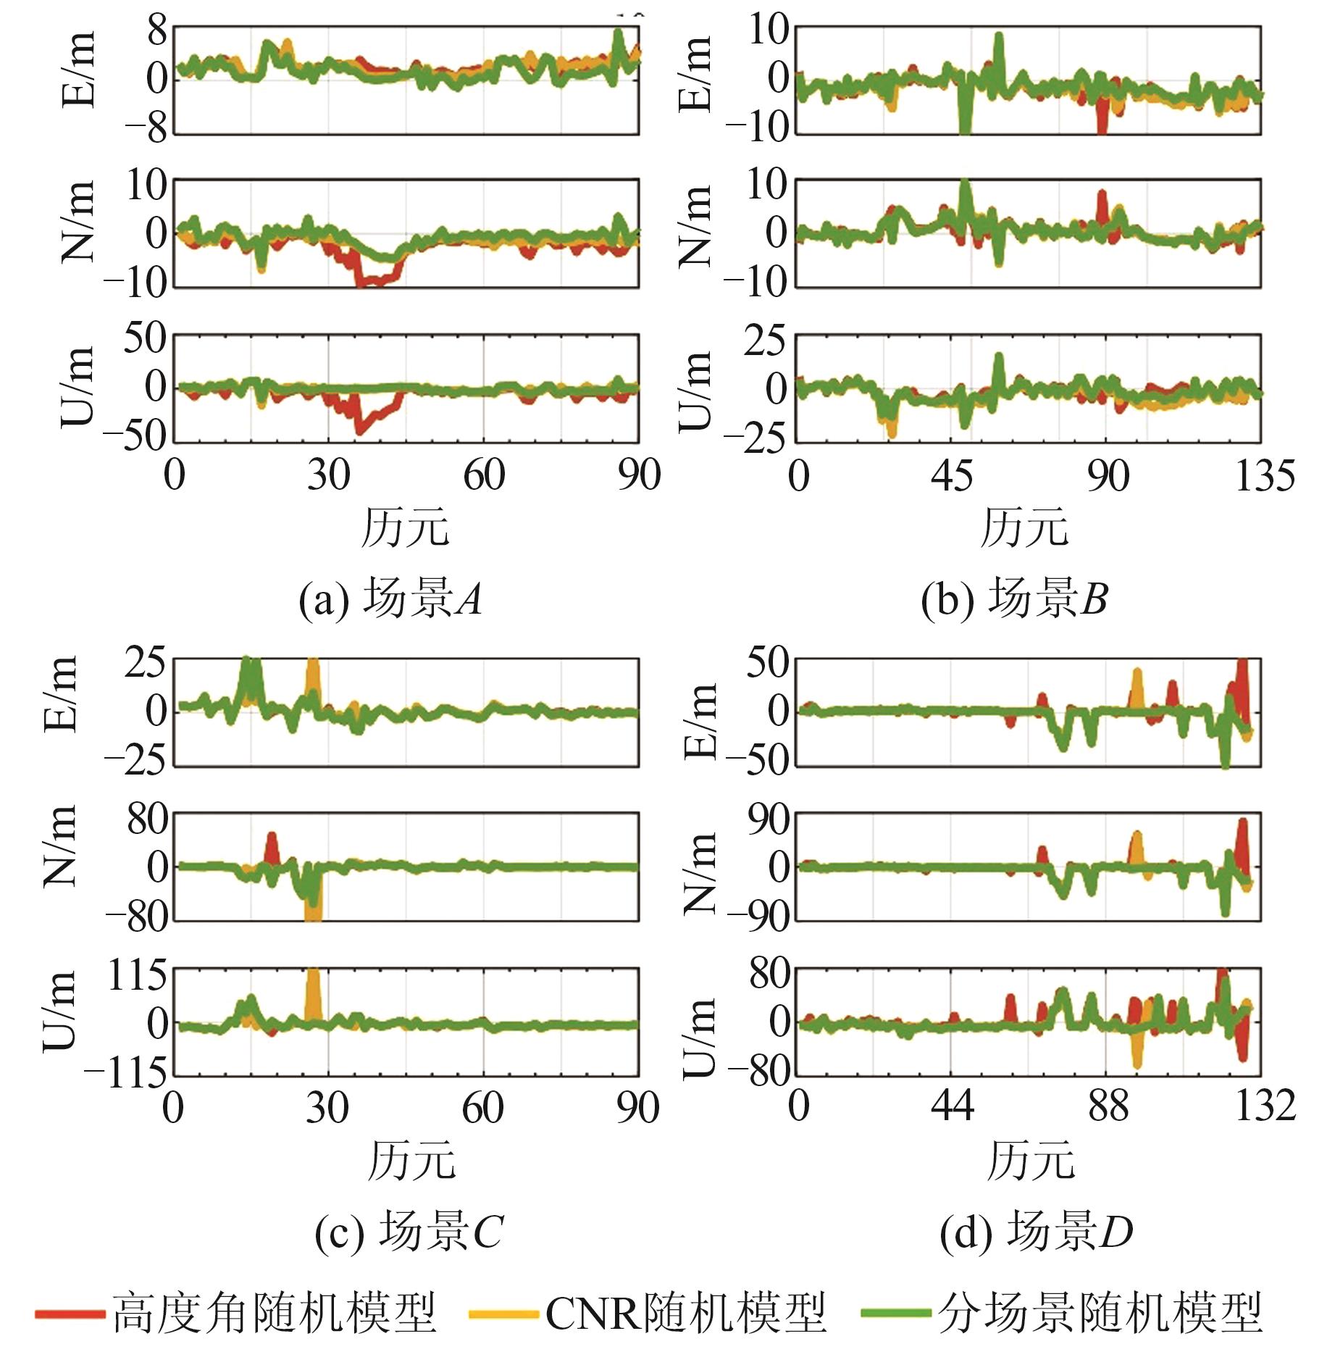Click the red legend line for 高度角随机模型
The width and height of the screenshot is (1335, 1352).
pos(70,1312)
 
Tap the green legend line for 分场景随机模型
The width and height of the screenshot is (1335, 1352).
pos(895,1312)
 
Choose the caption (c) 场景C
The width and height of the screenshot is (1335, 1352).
pos(409,1232)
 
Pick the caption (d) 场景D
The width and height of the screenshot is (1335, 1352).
pos(1036,1232)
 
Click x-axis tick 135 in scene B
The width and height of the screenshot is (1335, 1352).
pos(1265,477)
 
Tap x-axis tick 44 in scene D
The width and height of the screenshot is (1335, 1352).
pos(952,1107)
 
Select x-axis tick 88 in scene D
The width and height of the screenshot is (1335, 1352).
pos(1108,1107)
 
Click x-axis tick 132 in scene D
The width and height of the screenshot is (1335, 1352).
pos(1265,1107)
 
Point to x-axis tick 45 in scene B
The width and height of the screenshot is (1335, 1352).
pos(953,477)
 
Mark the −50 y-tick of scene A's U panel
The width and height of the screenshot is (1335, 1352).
pos(135,438)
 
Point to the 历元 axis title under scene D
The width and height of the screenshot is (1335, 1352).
pos(1030,1160)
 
